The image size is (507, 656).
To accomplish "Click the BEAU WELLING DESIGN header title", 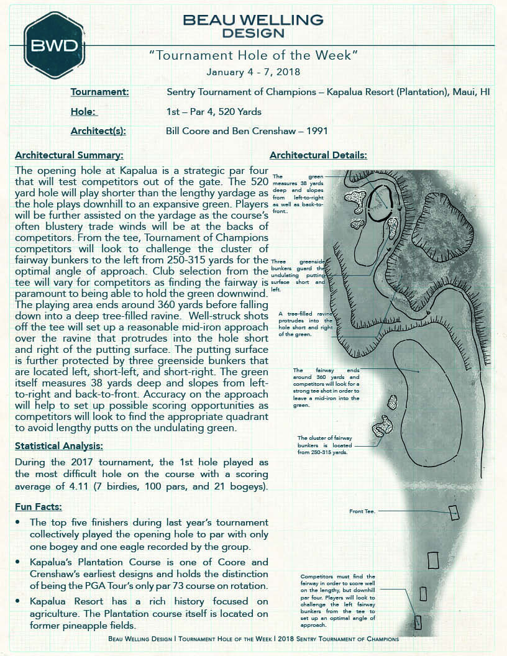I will [x=253, y=26].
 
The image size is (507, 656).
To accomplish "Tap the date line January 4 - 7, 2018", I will [x=253, y=72].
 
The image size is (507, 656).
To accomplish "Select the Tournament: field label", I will [x=99, y=92].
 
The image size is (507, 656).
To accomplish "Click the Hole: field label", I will [x=84, y=112].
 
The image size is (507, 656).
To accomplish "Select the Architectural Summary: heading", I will [x=69, y=155].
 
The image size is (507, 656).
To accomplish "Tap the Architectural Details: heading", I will [x=318, y=155].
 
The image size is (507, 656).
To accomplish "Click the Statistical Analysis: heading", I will [x=59, y=445].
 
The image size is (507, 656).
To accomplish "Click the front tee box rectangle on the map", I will [x=454, y=512].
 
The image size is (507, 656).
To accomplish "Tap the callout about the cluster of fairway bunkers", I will [x=325, y=445].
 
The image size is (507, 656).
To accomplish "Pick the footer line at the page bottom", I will [x=253, y=638].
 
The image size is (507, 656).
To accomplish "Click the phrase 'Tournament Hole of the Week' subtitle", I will [x=253, y=55].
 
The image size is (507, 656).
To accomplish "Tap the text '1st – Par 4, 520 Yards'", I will [x=214, y=112].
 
